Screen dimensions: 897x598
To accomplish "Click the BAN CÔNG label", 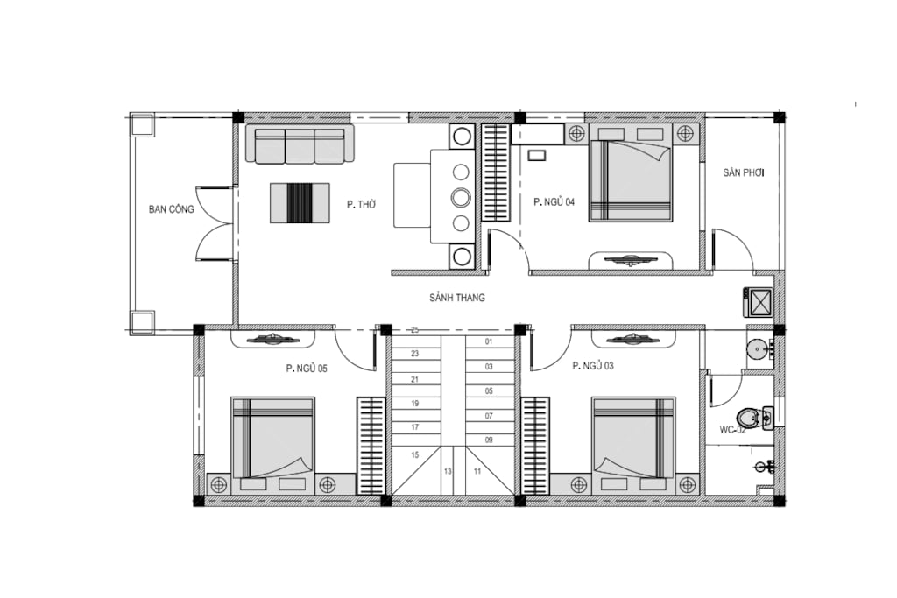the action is point(171,209).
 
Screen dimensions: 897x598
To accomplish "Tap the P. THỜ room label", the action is point(361,204).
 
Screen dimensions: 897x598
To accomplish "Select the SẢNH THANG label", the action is point(457,298).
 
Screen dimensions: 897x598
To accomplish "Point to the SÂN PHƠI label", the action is point(744,172).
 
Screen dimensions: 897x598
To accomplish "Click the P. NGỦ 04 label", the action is point(554,201).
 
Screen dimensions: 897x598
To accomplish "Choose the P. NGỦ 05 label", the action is point(307,369).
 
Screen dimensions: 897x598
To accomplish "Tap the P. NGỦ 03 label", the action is point(593,366).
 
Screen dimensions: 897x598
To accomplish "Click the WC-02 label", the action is point(733,430).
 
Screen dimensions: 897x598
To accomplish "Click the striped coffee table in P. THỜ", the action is point(300,203).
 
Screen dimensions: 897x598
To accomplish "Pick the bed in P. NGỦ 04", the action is point(631,180).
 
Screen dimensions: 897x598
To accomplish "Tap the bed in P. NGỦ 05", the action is point(273,438).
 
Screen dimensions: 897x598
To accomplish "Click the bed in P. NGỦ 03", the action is point(633,438).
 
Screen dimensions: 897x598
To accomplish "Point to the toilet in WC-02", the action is point(750,418).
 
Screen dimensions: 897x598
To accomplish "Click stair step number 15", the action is point(415,455).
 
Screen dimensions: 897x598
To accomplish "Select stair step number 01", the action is point(489,341).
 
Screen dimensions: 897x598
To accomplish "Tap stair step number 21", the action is point(415,379).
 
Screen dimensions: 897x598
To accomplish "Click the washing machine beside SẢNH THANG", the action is point(758,302).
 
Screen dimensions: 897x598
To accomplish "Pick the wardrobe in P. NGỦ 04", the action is point(496,172).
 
